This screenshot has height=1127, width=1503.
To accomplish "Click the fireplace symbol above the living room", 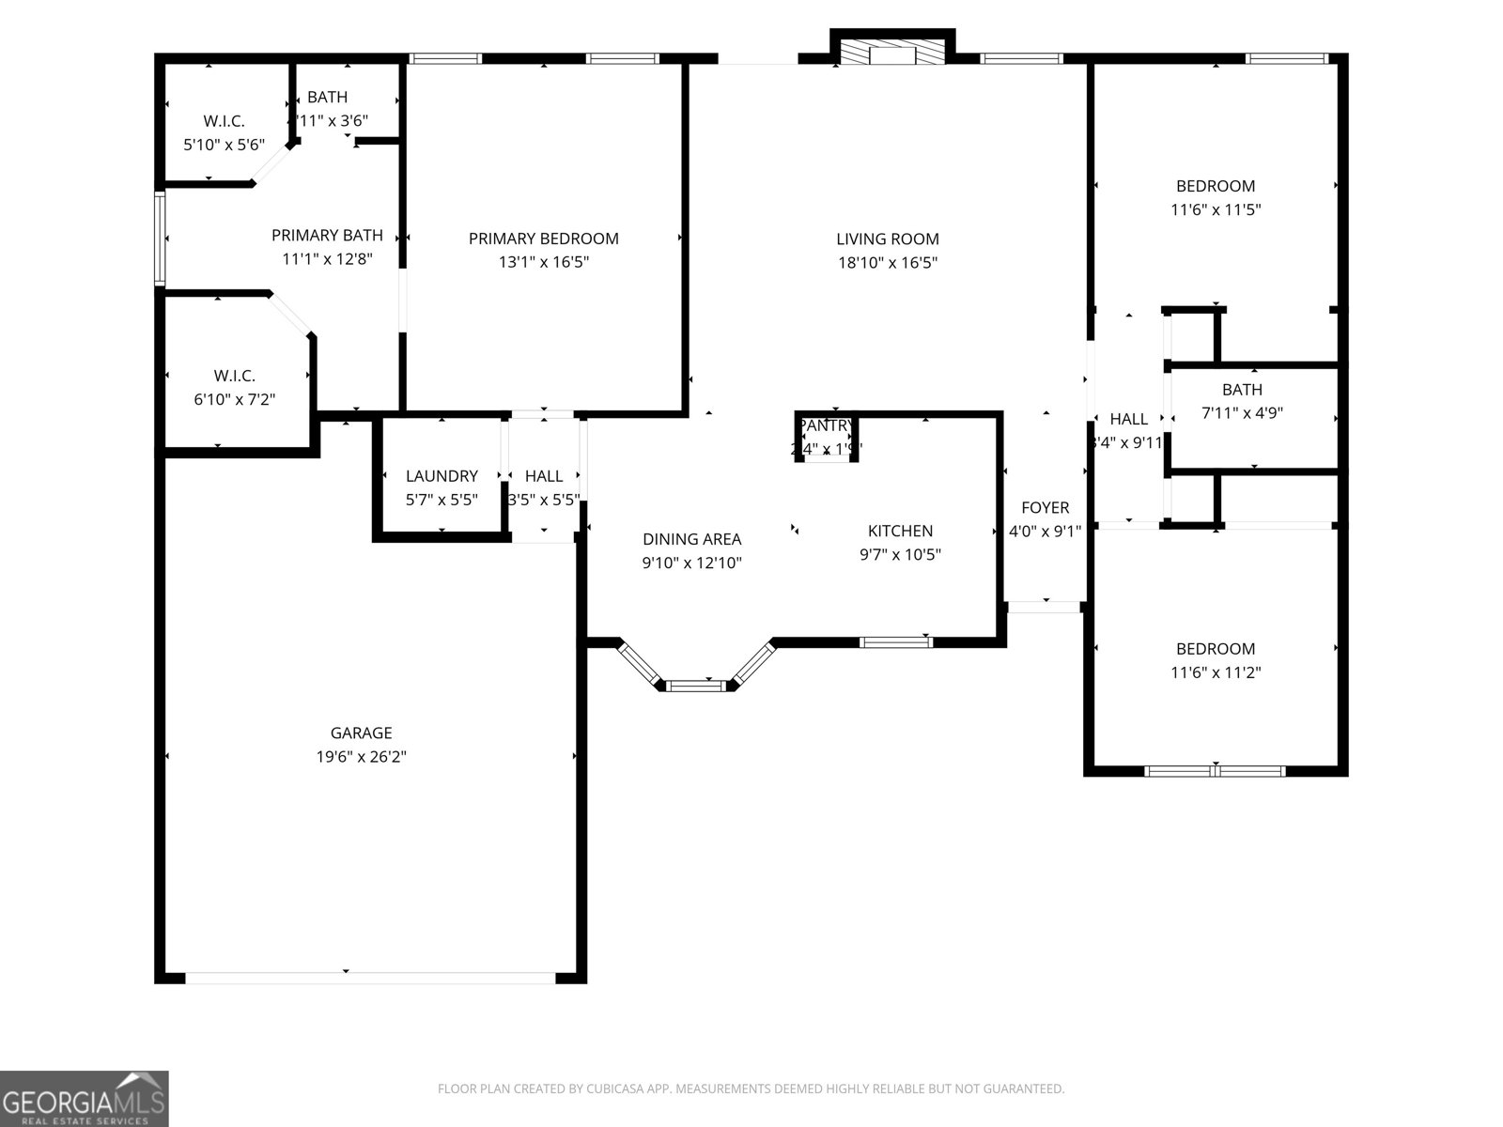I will tap(891, 53).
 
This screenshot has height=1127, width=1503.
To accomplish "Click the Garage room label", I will tap(361, 733).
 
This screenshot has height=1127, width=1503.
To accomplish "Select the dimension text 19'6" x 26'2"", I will tap(361, 757).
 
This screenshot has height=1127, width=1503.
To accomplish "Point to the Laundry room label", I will tap(442, 476).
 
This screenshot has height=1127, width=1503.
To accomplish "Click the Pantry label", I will tap(826, 425).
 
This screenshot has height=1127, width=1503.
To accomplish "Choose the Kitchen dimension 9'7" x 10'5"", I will tap(900, 555).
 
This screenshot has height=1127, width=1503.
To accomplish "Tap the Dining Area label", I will tap(691, 539).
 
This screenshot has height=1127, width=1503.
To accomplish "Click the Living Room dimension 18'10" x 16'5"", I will tap(888, 263).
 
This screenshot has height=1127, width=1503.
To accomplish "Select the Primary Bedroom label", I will tap(543, 239).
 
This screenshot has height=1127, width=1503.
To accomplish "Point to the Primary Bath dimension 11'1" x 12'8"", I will tap(327, 259).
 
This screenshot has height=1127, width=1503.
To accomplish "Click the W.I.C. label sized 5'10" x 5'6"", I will tap(224, 121).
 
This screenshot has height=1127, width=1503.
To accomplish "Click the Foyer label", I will tap(1045, 508).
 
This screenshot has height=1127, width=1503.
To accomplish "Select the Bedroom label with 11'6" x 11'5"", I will tap(1216, 186).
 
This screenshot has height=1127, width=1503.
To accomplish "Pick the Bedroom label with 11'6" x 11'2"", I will tap(1216, 649).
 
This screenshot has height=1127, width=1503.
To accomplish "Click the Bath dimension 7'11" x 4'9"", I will tap(1242, 413).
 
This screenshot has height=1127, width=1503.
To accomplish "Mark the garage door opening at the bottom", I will tap(370, 978).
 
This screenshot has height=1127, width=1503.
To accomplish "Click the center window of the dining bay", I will tap(696, 686).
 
